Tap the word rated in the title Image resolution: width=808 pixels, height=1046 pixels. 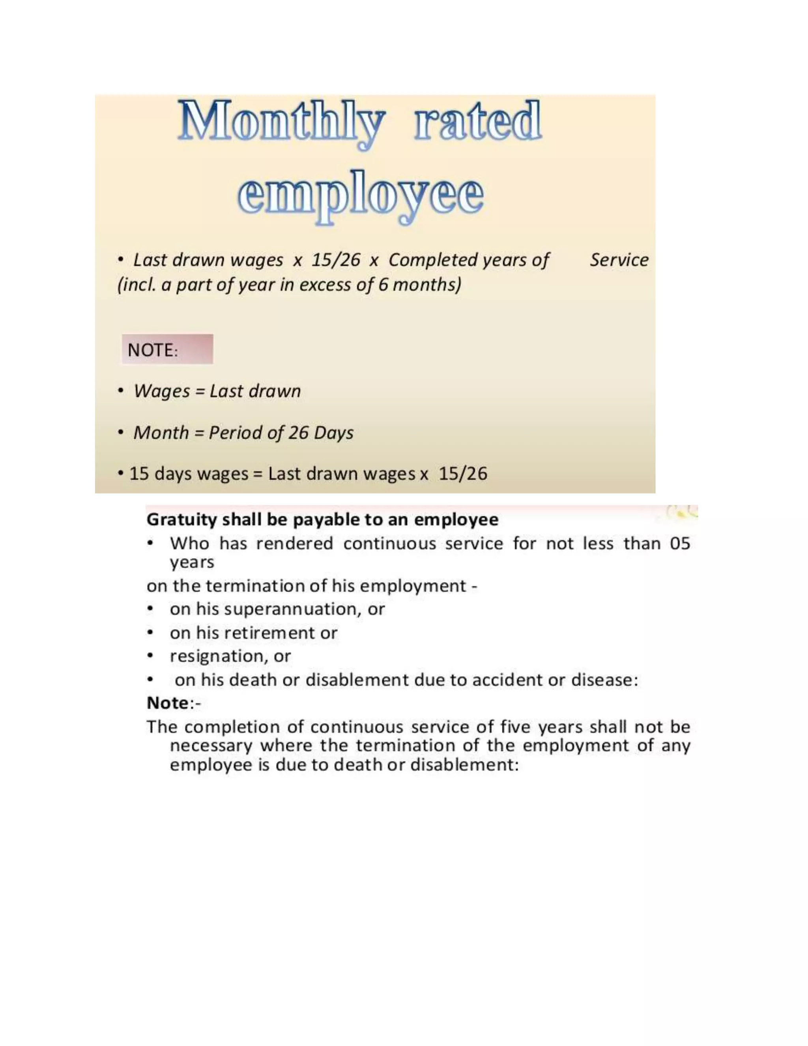(478, 121)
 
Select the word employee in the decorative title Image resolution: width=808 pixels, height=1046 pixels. (360, 197)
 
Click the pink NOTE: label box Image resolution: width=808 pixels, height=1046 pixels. (167, 349)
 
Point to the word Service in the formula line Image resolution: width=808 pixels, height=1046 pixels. (619, 260)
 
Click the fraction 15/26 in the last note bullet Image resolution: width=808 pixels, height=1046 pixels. (463, 474)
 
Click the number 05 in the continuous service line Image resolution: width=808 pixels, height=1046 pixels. (680, 544)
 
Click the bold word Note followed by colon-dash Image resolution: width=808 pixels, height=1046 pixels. (168, 703)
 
